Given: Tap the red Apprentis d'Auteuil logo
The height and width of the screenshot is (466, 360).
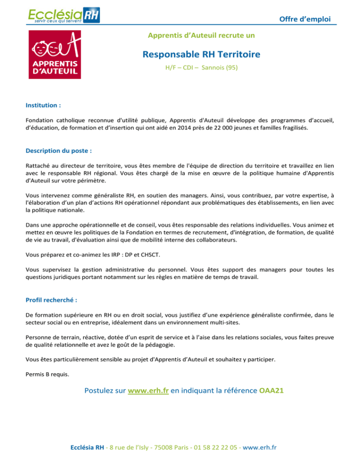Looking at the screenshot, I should (x=54, y=55).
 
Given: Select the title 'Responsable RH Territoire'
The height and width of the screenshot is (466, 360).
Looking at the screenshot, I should (x=202, y=54).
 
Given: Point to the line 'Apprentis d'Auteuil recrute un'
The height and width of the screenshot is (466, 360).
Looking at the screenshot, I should (x=201, y=35).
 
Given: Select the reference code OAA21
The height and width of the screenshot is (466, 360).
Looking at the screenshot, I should (x=272, y=391).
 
